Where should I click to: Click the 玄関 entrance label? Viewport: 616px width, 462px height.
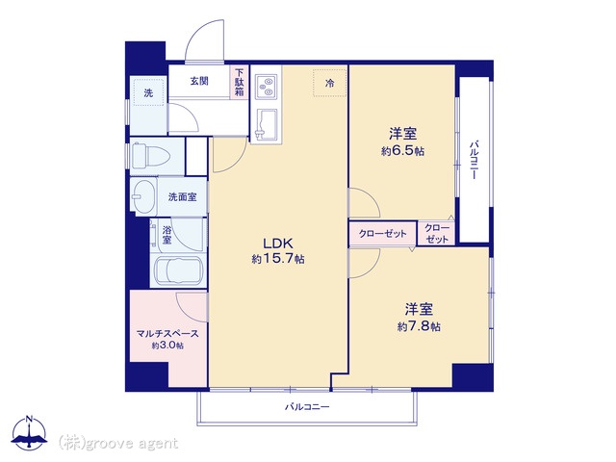pos(199,81)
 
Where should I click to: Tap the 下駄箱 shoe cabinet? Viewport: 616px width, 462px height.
pos(240,82)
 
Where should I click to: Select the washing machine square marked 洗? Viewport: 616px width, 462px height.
pos(148,92)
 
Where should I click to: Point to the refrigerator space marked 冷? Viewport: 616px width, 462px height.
pos(329,83)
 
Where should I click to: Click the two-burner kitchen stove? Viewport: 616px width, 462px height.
pos(266,87)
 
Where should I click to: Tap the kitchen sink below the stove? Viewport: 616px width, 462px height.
pos(266,124)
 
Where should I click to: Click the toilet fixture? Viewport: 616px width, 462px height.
pos(150,156)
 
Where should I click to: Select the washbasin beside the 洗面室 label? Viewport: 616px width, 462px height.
pos(143,196)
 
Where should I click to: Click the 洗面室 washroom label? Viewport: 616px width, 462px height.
pos(182,196)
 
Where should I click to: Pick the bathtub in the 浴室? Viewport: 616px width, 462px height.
pos(178,270)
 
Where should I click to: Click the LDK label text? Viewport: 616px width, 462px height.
pos(278,244)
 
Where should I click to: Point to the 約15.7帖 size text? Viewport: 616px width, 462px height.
pos(278,259)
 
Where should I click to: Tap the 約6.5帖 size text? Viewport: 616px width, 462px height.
pos(402,151)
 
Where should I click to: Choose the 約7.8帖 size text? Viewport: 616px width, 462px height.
pos(419,326)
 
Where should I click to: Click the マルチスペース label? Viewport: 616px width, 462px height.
pos(167,334)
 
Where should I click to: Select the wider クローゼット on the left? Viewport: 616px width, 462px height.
pos(383,234)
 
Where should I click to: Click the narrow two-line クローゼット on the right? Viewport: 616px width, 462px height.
pos(436,233)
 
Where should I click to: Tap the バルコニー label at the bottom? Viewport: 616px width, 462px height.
pos(307,407)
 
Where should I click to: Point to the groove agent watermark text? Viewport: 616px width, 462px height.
pos(118,443)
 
